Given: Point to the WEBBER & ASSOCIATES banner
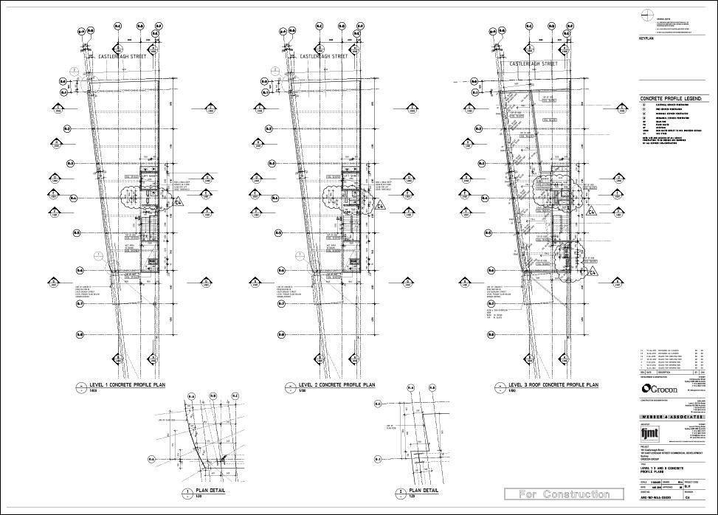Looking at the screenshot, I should click(x=669, y=418).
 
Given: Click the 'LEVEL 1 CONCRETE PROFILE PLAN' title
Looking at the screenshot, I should click(x=127, y=385).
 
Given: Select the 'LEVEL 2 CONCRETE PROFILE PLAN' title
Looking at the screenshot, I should click(x=336, y=385).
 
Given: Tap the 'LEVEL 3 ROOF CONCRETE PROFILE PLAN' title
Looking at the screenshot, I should click(x=553, y=385).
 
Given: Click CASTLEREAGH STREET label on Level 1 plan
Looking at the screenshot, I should click(x=121, y=56).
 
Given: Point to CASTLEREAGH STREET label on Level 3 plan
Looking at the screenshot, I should click(x=534, y=64).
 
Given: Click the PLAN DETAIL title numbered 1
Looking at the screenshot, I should click(x=207, y=491).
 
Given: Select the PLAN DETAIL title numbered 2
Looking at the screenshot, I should click(x=423, y=491).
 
